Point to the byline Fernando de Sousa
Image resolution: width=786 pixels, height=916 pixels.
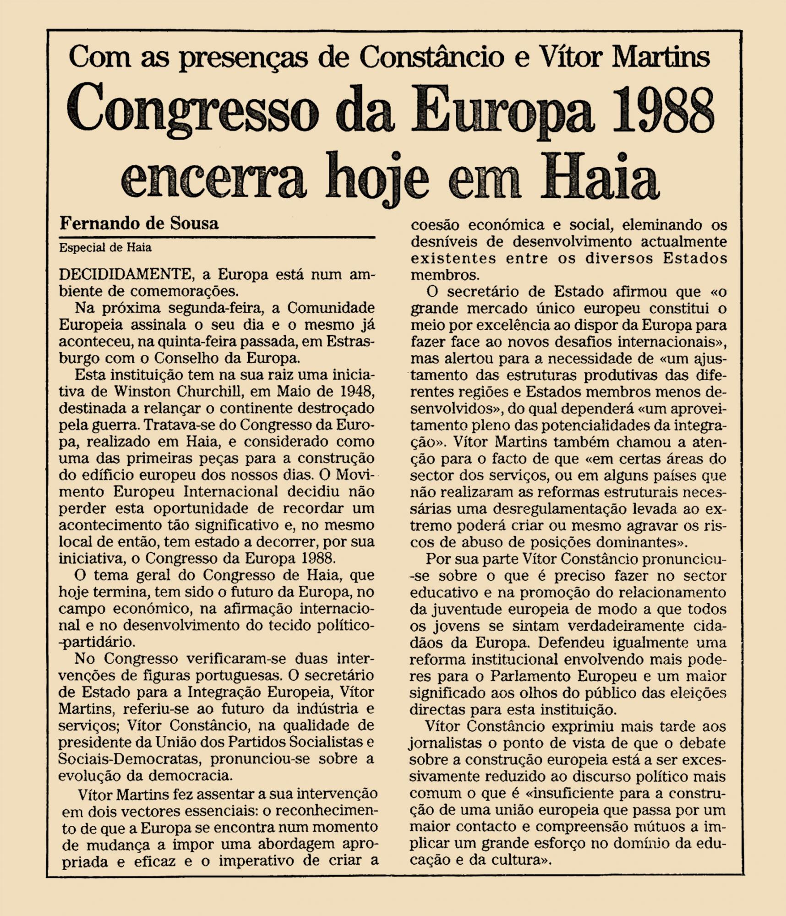pyautogui.click(x=139, y=224)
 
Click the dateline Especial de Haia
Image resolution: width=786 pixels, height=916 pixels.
pyautogui.click(x=105, y=248)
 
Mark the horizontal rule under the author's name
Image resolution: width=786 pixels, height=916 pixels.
pyautogui.click(x=217, y=237)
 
